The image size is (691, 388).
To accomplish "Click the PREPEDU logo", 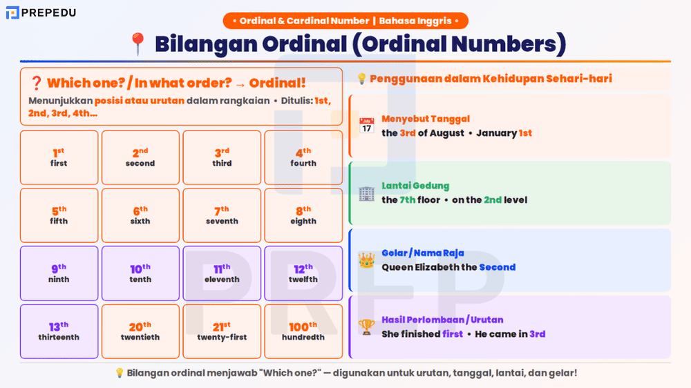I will (x=41, y=12).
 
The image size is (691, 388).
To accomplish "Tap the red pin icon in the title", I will (x=138, y=44).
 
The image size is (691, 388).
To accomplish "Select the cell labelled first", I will (x=59, y=157).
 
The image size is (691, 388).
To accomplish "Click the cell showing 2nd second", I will (x=140, y=157).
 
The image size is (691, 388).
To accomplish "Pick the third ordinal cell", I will (x=222, y=157).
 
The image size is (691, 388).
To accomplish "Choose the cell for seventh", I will (x=222, y=215).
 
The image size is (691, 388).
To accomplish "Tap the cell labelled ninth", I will (x=59, y=273).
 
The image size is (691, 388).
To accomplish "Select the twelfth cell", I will (x=303, y=273).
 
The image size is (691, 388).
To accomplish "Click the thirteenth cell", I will (x=59, y=331).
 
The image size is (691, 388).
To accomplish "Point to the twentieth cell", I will (x=140, y=331).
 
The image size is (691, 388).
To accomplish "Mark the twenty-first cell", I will (x=222, y=331).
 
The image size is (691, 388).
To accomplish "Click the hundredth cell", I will (x=303, y=331).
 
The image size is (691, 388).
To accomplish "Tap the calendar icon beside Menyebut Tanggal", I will (x=367, y=126).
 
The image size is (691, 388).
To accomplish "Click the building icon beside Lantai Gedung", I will (x=367, y=193).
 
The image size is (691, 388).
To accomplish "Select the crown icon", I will (x=367, y=260).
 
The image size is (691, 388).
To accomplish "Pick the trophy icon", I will (x=367, y=327).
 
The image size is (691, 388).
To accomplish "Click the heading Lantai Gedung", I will (x=415, y=186).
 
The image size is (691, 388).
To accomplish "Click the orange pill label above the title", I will (x=345, y=21).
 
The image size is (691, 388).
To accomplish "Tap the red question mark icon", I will (x=37, y=84).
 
